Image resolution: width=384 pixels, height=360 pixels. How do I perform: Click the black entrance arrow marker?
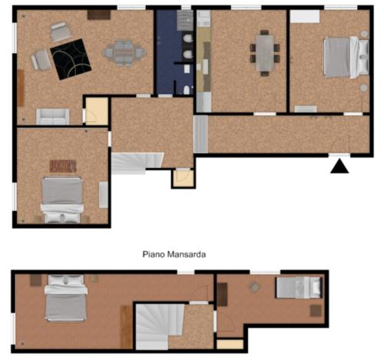pyautogui.click(x=339, y=167)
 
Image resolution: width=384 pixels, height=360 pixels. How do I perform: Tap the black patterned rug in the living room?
pyautogui.click(x=71, y=59)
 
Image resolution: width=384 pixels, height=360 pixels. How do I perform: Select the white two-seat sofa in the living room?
pyautogui.click(x=53, y=117)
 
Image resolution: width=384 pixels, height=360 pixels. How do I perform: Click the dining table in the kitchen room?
pyautogui.click(x=265, y=53)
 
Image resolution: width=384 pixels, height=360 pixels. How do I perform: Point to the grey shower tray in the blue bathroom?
pyautogui.click(x=185, y=21)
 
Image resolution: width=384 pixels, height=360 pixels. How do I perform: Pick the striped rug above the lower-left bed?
pyautogui.click(x=63, y=166)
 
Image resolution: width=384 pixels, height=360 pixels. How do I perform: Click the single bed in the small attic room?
pyautogui.click(x=299, y=288)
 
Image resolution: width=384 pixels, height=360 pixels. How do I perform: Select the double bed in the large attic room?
pyautogui.click(x=66, y=298)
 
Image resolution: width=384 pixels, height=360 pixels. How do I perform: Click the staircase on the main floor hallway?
pyautogui.click(x=136, y=163)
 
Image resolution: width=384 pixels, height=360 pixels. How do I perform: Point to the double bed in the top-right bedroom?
pyautogui.click(x=346, y=57)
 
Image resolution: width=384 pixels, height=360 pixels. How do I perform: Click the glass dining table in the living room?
pyautogui.click(x=124, y=53)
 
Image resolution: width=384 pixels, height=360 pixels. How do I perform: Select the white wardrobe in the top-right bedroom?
pyautogui.click(x=305, y=16)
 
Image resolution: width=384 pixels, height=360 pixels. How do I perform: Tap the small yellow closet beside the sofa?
pyautogui.click(x=97, y=111)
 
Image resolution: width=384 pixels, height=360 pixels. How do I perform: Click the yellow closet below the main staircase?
pyautogui.click(x=184, y=178)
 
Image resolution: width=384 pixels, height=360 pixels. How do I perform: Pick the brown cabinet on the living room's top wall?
pyautogui.click(x=99, y=15)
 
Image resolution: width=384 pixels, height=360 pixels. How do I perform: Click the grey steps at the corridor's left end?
pyautogui.click(x=201, y=134)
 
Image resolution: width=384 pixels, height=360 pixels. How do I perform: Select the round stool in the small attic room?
pyautogui.click(x=254, y=287)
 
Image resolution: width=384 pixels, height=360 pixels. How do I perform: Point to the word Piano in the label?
pyautogui.click(x=154, y=254)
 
